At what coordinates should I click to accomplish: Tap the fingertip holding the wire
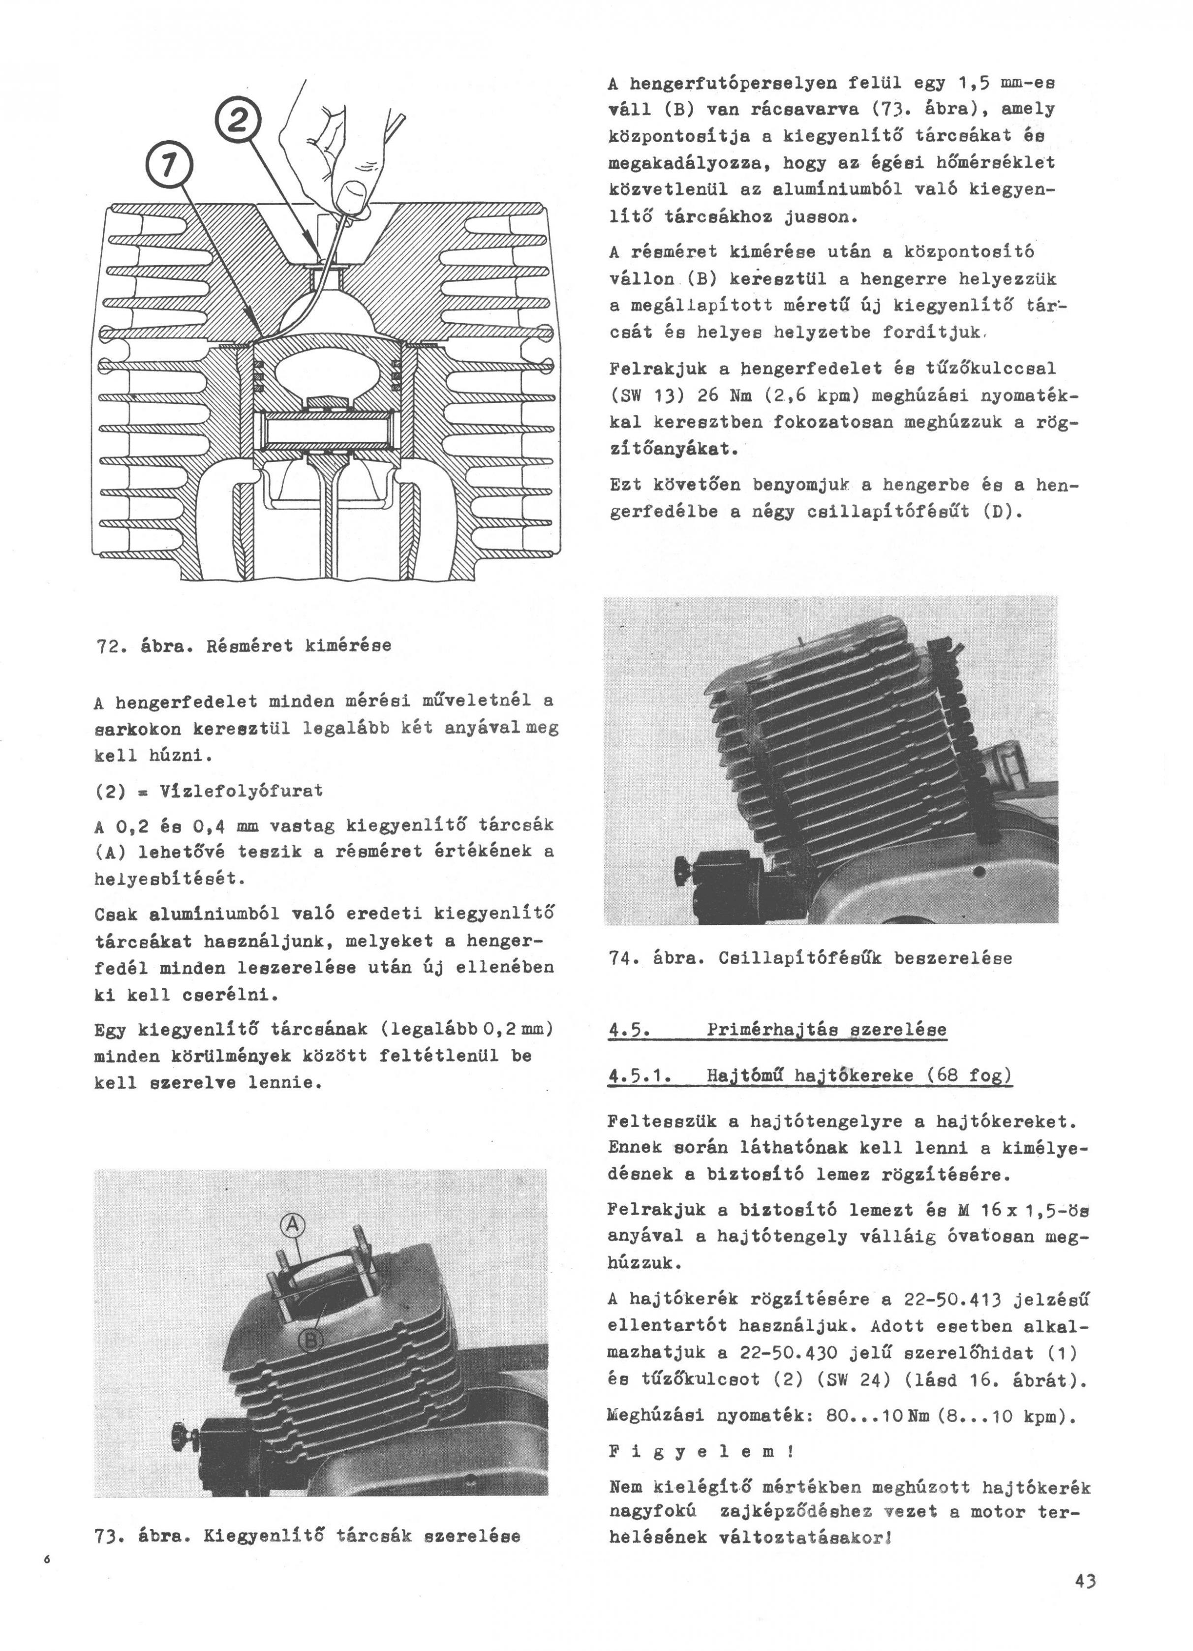click(354, 197)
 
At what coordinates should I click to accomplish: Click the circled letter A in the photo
click(292, 1225)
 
